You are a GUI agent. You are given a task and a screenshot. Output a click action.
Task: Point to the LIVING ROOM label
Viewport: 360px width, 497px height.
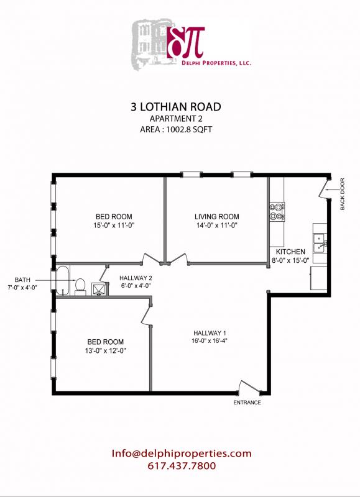click(217, 217)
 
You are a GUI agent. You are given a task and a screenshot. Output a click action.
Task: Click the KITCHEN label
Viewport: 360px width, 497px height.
click(287, 251)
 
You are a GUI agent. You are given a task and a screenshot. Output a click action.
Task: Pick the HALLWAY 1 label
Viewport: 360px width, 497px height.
click(210, 332)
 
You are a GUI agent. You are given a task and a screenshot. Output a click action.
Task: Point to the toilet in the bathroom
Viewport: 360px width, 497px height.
click(80, 285)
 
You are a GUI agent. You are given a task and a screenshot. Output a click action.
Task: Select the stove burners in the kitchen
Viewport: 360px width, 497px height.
click(275, 212)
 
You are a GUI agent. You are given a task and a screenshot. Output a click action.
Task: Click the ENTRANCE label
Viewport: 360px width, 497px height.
click(247, 403)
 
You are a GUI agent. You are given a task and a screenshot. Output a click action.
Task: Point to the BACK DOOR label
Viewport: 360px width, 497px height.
click(343, 194)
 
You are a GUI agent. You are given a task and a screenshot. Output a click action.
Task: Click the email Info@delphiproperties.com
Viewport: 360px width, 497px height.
click(182, 453)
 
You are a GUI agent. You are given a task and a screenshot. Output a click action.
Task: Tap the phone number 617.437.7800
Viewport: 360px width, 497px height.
click(182, 465)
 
